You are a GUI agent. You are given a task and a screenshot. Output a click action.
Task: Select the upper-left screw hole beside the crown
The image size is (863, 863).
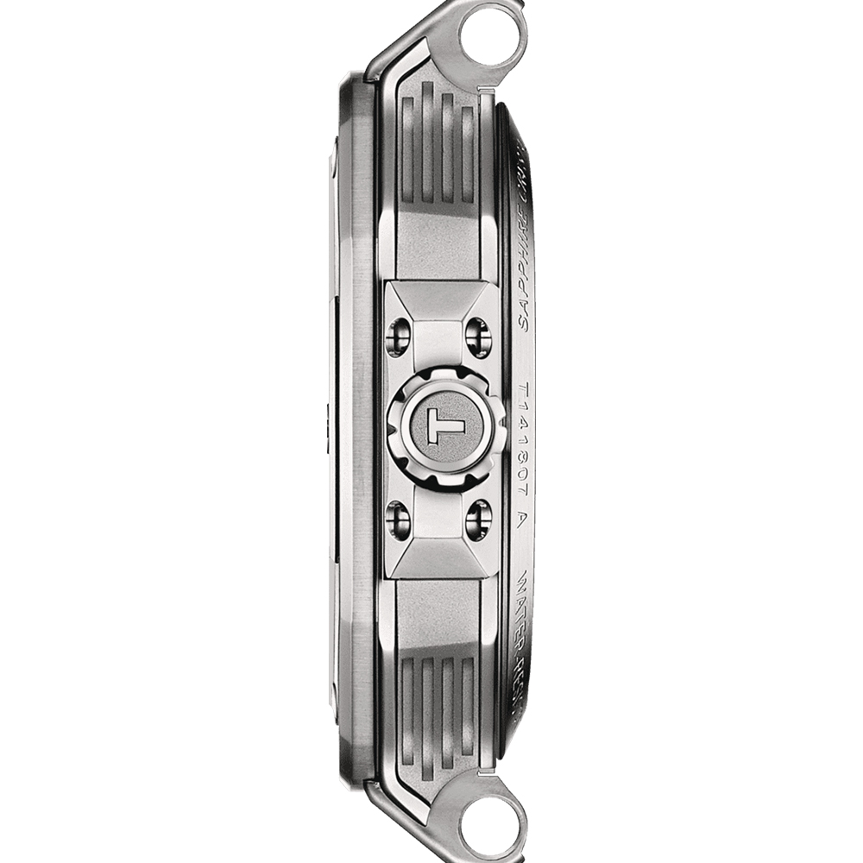click(398, 337)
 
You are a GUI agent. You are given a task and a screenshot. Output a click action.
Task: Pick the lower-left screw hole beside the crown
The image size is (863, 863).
click(398, 520)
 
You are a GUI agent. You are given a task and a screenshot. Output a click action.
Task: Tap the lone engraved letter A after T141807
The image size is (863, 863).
click(524, 520)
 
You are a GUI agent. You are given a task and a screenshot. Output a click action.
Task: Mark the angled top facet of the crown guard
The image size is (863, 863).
click(441, 298)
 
